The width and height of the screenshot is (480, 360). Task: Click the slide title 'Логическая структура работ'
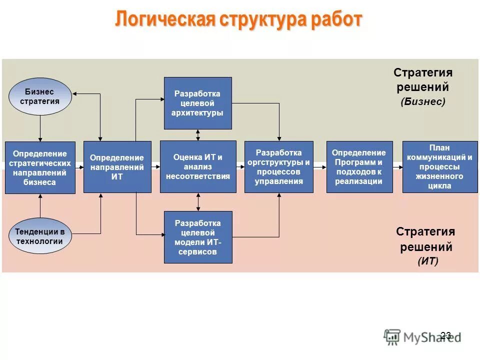point(238,20)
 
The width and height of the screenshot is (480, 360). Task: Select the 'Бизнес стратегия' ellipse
point(40,96)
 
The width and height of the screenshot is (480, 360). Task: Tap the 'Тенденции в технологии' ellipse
point(40,236)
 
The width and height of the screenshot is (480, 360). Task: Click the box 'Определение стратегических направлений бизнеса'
point(40,167)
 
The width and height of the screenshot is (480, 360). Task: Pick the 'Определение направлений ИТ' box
point(117,167)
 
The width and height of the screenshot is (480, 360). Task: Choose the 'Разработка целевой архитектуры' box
point(198,103)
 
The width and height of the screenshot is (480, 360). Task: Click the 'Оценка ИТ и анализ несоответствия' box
point(198,167)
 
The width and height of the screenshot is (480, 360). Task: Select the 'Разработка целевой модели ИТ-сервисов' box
point(198,237)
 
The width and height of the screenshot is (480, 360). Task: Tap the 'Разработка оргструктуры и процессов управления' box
point(279,167)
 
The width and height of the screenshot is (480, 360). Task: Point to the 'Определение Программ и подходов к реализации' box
point(358,167)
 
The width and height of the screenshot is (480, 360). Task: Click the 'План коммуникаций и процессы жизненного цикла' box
point(439,167)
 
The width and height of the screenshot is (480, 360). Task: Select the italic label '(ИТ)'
point(428,261)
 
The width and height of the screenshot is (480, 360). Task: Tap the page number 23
point(446,335)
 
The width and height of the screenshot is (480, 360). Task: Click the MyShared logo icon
point(392,336)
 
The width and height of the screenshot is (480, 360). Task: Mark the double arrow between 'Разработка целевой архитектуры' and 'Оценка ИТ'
point(198,135)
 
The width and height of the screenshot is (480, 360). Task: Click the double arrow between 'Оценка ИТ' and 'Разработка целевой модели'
point(198,202)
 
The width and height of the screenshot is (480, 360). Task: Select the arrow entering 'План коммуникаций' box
point(397,167)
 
